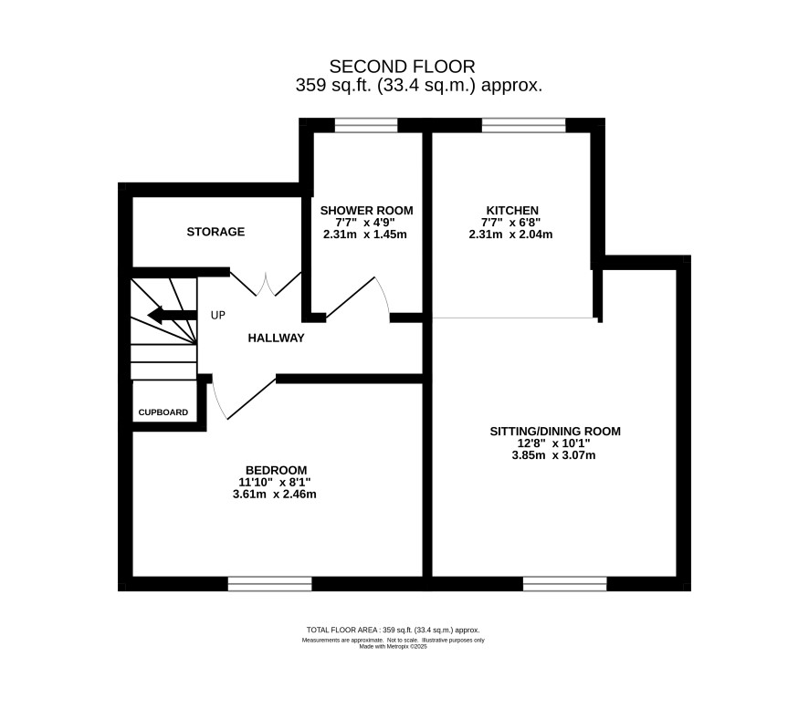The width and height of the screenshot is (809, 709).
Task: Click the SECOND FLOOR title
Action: [402, 67]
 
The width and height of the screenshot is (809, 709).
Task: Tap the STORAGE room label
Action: [215, 232]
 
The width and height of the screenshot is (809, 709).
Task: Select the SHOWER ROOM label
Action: [366, 211]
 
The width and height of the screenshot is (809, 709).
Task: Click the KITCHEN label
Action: [512, 211]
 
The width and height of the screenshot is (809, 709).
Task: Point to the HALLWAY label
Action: [276, 339]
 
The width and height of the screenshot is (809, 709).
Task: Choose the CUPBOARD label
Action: [163, 412]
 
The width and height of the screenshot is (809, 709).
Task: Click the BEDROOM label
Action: [276, 470]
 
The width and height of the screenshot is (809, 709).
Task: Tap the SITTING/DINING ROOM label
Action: [555, 431]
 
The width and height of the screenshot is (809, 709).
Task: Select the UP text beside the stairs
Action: [217, 315]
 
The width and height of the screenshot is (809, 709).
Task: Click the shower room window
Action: [366, 125]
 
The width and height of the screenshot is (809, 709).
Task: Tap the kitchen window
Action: [524, 125]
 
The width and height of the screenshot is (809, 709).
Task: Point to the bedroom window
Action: [270, 584]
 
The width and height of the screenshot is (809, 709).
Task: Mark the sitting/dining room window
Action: [565, 584]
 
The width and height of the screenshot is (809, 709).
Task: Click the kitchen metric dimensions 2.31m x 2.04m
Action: [510, 235]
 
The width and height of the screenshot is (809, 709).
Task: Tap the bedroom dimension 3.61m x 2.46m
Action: [275, 495]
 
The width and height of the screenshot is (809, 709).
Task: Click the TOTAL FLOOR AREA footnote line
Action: [394, 631]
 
